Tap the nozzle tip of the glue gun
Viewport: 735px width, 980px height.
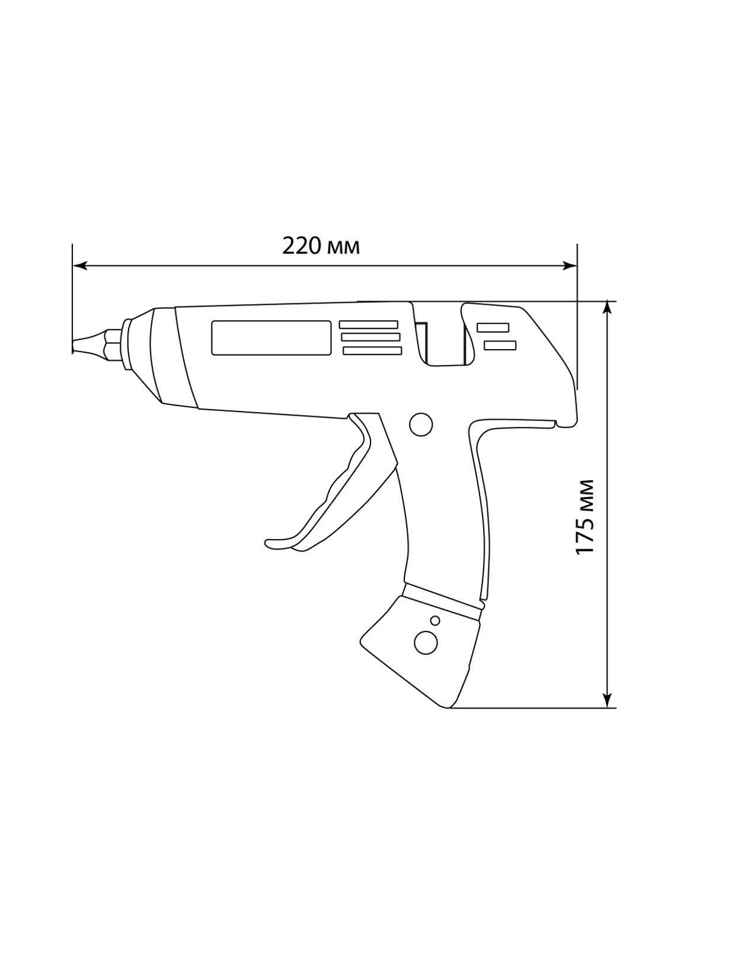pyautogui.click(x=74, y=346)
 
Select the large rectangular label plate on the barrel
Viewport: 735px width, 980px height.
pyautogui.click(x=271, y=338)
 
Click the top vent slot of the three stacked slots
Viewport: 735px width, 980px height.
pyautogui.click(x=369, y=324)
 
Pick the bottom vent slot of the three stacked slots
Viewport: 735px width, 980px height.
pyautogui.click(x=372, y=351)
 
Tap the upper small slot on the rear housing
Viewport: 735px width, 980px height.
pyautogui.click(x=493, y=328)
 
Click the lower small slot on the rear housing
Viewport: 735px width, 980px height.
pyautogui.click(x=500, y=346)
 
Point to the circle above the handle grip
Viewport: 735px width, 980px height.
pyautogui.click(x=420, y=424)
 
